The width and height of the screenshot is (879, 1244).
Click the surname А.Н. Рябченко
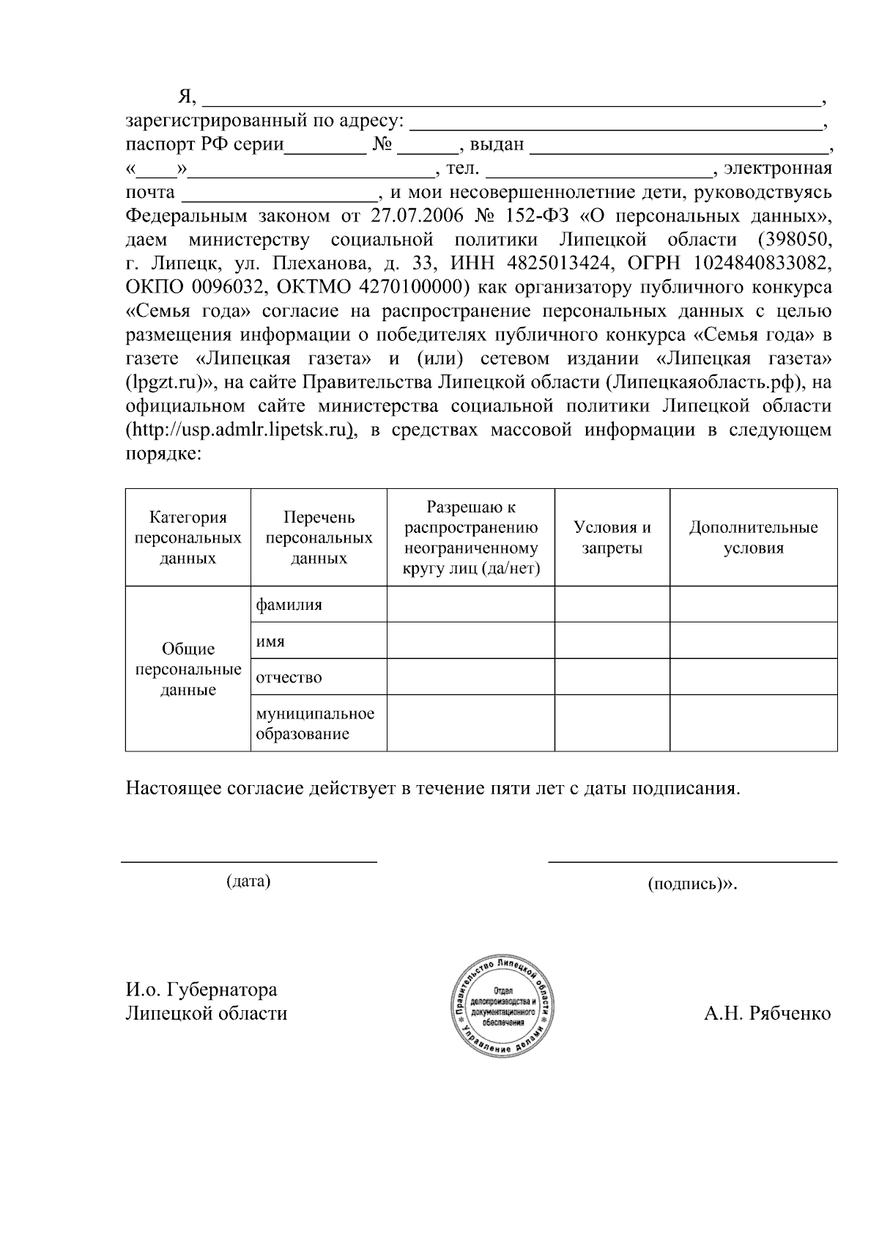[x=767, y=1014]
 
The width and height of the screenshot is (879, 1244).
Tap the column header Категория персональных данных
[x=188, y=537]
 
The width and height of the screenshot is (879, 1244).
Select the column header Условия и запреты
[x=612, y=537]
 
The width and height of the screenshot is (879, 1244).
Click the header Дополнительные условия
[x=753, y=537]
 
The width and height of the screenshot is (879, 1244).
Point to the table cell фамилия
[x=289, y=606]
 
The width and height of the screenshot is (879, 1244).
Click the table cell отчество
[x=289, y=677]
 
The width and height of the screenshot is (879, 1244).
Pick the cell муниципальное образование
[x=314, y=724]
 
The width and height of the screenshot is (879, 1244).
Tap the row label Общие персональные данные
[x=188, y=669]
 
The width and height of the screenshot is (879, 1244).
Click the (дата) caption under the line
[x=248, y=880]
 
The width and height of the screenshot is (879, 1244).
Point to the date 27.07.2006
[x=415, y=216]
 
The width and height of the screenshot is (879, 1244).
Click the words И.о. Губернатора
[x=201, y=990]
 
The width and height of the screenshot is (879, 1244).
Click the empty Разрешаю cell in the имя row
[x=470, y=641]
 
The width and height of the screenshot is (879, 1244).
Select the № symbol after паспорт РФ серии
[x=383, y=144]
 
